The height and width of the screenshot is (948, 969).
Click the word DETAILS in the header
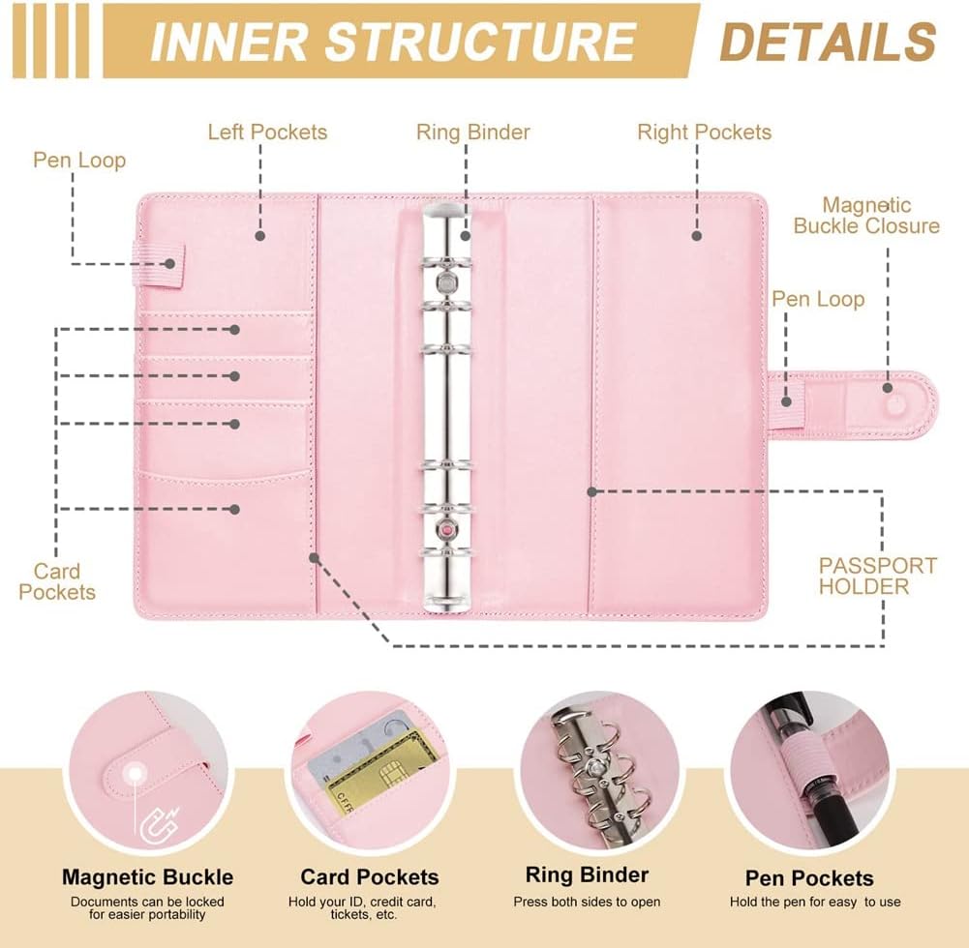[x=829, y=42]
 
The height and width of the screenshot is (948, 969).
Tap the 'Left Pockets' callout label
[x=267, y=132]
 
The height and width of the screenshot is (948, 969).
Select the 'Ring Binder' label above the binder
[x=473, y=132]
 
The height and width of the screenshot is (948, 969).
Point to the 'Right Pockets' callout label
[x=704, y=132]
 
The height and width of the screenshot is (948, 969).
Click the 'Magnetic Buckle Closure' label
[x=866, y=216]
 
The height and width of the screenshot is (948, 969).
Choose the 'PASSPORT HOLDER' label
[x=878, y=576]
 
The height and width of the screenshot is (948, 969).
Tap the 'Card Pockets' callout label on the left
[x=57, y=581]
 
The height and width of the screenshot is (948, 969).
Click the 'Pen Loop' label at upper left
[x=79, y=160]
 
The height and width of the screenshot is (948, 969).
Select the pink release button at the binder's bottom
[x=446, y=531]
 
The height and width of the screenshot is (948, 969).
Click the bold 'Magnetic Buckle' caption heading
[x=147, y=877]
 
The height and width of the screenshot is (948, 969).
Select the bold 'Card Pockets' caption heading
[x=369, y=877]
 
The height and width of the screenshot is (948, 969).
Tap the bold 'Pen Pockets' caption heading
[x=809, y=878]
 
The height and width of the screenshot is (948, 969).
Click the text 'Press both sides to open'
[x=587, y=902]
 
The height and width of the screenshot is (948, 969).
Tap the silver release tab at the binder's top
[x=445, y=209]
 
